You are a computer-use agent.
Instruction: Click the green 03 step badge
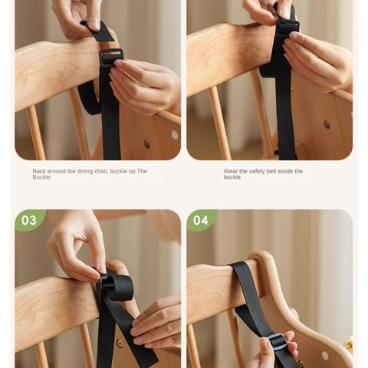[29, 220]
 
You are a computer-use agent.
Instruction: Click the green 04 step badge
[201, 220]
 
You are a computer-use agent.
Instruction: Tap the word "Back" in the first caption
[39, 171]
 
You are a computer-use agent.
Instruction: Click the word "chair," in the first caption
[102, 171]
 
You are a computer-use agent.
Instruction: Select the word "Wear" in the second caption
[230, 171]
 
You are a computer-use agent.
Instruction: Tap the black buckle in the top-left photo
[111, 58]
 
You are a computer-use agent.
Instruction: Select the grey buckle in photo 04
[277, 342]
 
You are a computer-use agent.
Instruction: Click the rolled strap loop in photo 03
[118, 287]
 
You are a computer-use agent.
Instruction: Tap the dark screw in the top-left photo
[147, 144]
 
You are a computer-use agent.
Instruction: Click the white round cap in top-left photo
[175, 135]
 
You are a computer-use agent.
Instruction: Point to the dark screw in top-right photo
[327, 124]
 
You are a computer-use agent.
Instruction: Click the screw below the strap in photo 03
[120, 343]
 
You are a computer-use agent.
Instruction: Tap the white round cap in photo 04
[325, 356]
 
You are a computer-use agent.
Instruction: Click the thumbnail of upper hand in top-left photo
[95, 25]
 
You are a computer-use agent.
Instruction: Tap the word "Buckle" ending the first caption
[41, 177]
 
